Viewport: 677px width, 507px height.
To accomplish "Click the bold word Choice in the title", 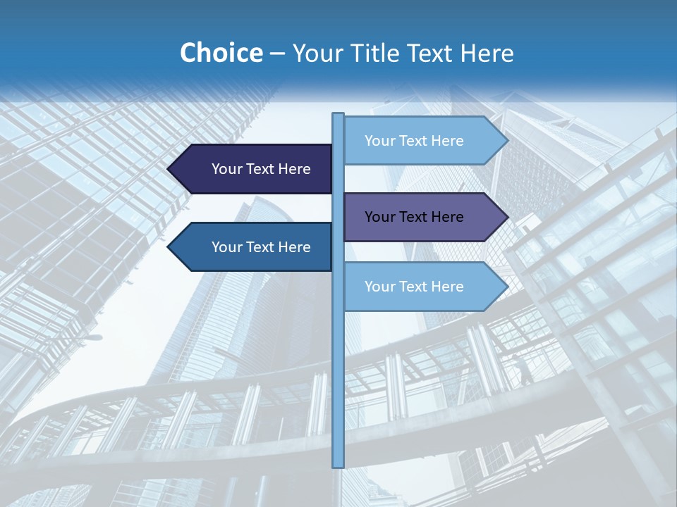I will click(221, 54).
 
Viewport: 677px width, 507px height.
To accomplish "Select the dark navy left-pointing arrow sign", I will click(254, 169).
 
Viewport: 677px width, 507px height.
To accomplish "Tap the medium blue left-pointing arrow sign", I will click(254, 247).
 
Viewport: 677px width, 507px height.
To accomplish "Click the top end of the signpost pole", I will click(338, 115).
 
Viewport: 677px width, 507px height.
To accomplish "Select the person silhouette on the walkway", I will click(525, 370).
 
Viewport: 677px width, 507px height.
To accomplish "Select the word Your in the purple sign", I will click(379, 217).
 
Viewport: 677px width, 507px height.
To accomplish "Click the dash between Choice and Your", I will click(277, 55).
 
